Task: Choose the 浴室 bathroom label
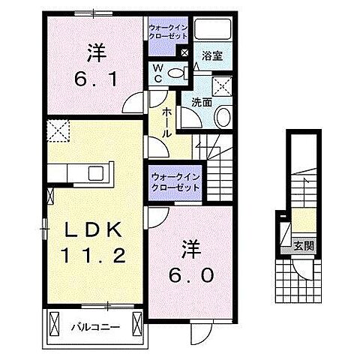(x=211, y=55)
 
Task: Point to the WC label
(x=159, y=73)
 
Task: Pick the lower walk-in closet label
(x=175, y=181)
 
